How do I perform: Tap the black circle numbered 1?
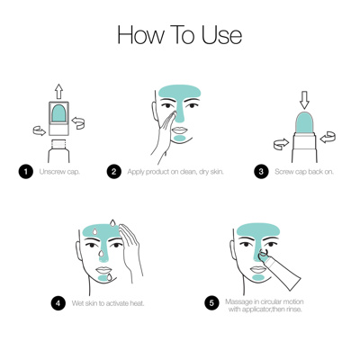tap(27, 171)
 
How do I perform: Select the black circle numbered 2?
tap(113, 171)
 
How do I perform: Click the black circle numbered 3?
tap(261, 171)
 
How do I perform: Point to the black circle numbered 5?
tap(212, 302)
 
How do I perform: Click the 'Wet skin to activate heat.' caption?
tap(108, 302)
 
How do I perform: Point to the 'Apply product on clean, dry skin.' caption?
tap(175, 171)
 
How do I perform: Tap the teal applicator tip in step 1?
tap(59, 114)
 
